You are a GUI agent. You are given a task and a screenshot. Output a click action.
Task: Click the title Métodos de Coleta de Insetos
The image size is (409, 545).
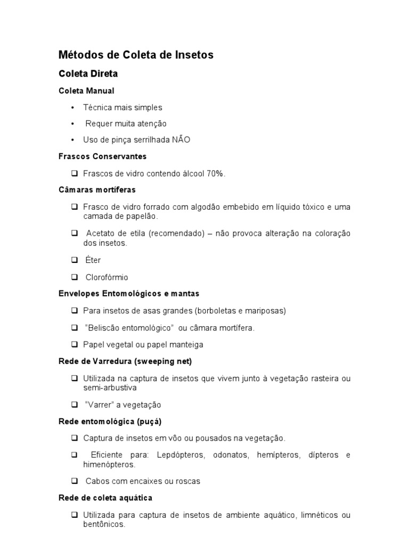136,55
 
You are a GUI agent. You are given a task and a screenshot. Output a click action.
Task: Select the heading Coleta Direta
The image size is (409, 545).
88,73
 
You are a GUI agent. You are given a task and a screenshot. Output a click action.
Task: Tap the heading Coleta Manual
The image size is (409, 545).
86,90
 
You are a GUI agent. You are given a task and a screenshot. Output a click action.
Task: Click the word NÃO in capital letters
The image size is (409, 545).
181,140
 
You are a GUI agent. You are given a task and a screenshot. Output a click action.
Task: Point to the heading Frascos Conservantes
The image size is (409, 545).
102,156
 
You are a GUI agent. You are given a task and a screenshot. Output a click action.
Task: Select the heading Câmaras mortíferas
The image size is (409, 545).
97,189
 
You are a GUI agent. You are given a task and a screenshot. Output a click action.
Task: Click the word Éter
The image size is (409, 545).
93,260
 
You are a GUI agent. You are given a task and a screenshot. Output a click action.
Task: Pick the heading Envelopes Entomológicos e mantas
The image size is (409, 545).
129,293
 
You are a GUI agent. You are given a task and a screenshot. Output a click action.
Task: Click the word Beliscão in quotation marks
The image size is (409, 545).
104,328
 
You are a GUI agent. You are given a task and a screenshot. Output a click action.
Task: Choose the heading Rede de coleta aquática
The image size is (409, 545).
105,498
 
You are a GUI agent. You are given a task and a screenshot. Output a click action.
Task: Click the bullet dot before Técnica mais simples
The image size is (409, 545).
72,107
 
